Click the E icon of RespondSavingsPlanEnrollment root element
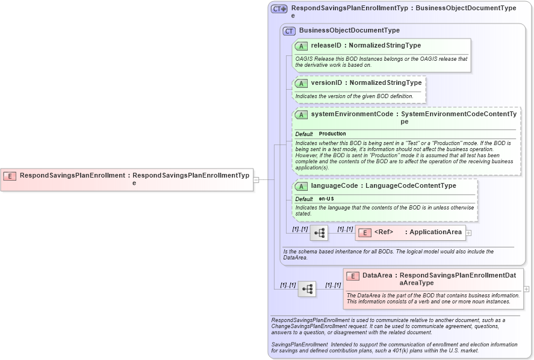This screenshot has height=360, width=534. click(x=10, y=176)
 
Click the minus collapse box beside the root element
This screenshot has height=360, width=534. click(x=256, y=179)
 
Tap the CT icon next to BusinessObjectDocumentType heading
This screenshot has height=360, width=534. click(x=289, y=31)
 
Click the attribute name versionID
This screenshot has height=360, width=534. click(x=326, y=82)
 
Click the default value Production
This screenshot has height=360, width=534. click(x=332, y=134)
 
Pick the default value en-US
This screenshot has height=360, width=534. click(x=327, y=199)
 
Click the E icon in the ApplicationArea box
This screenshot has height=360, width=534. click(x=364, y=232)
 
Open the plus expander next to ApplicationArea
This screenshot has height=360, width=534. click(x=468, y=232)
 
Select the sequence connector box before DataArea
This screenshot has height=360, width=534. click(x=307, y=289)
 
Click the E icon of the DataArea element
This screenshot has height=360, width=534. click(x=353, y=276)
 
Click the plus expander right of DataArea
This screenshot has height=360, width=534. click(x=527, y=289)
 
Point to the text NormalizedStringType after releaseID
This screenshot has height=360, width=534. click(x=385, y=45)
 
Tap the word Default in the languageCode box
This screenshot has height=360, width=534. click(x=304, y=199)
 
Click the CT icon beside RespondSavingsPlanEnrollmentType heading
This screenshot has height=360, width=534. click(x=279, y=9)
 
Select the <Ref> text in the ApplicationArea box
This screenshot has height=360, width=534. click(x=383, y=232)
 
